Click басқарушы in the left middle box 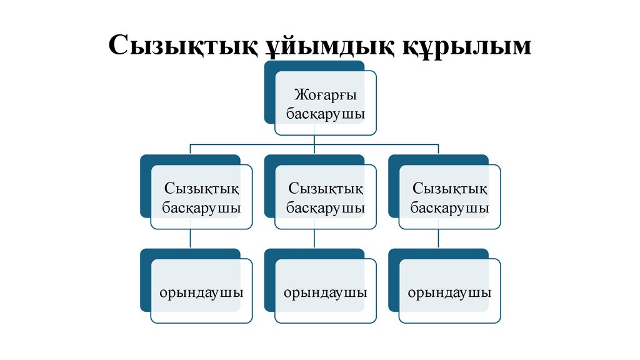click(201, 207)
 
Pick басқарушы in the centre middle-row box click(326, 207)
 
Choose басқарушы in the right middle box click(450, 207)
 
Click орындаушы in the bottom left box click(201, 292)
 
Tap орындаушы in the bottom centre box click(326, 292)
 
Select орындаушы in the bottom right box click(450, 292)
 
